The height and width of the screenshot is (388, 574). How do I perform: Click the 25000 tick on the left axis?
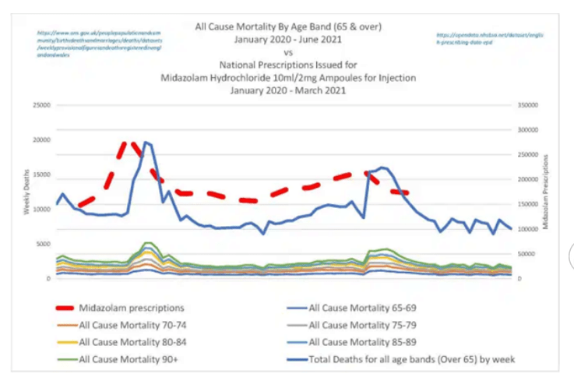[40, 105]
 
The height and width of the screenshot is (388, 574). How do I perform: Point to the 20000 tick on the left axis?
[40, 140]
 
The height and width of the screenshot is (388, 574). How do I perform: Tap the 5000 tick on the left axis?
[42, 244]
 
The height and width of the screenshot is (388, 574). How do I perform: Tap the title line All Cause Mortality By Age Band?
[287, 26]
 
